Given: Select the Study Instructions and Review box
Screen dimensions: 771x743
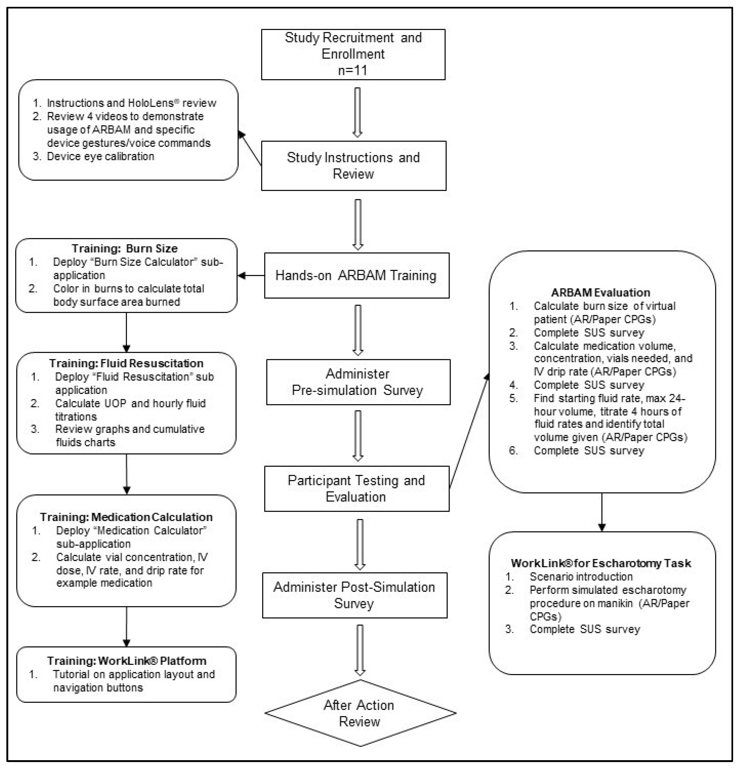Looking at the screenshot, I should pyautogui.click(x=353, y=166).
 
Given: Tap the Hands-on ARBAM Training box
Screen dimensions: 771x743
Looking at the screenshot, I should pyautogui.click(x=356, y=275).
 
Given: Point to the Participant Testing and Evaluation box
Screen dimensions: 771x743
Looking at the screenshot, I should pyautogui.click(x=356, y=489).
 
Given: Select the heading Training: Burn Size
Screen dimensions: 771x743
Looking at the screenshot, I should pyautogui.click(x=124, y=249).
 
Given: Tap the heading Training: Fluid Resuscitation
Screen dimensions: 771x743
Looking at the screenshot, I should pyautogui.click(x=126, y=363).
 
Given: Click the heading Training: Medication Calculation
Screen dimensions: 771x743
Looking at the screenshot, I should pyautogui.click(x=126, y=517).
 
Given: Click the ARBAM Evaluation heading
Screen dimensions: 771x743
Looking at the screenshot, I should pyautogui.click(x=600, y=293).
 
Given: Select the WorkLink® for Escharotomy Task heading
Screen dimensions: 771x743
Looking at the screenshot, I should pyautogui.click(x=601, y=563).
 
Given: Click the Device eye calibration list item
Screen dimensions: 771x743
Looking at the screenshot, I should pyautogui.click(x=100, y=157).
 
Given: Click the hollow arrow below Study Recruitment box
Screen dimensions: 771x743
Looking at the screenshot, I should pyautogui.click(x=357, y=112).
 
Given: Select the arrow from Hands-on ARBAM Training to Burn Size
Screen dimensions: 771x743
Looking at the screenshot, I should pyautogui.click(x=251, y=275).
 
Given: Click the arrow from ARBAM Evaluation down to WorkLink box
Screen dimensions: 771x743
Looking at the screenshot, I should pyautogui.click(x=601, y=511).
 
